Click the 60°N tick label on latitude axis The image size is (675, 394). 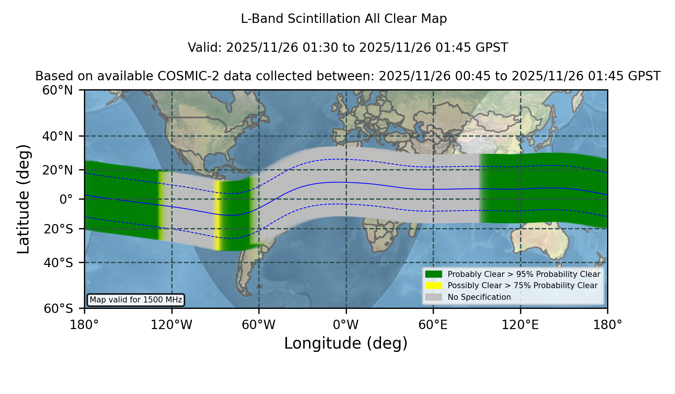click(57, 90)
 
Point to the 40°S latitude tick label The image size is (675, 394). click(58, 263)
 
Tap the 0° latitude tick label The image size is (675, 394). click(66, 199)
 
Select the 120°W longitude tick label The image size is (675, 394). click(171, 325)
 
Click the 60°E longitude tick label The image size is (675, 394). click(433, 325)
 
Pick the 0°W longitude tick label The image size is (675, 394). click(346, 325)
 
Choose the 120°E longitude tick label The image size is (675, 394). click(520, 325)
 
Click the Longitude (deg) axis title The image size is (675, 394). click(346, 343)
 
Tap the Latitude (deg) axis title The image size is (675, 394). click(24, 199)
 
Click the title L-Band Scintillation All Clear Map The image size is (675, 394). click(344, 19)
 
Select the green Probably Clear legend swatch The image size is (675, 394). click(434, 274)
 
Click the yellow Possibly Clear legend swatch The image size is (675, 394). click(434, 285)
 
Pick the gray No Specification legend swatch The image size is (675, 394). click(434, 297)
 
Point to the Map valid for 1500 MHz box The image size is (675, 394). click(136, 300)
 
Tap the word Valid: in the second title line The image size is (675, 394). click(205, 48)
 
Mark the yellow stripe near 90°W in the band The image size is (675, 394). click(216, 215)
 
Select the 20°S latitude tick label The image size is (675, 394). click(58, 229)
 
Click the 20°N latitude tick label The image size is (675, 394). click(57, 170)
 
